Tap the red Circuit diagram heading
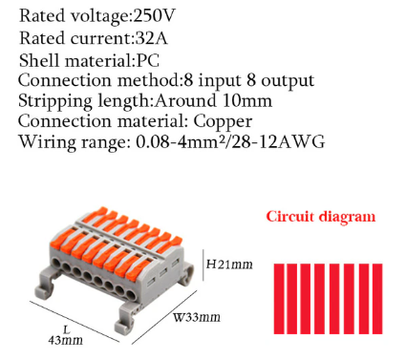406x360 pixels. point(320,216)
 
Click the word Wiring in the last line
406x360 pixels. point(45,142)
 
